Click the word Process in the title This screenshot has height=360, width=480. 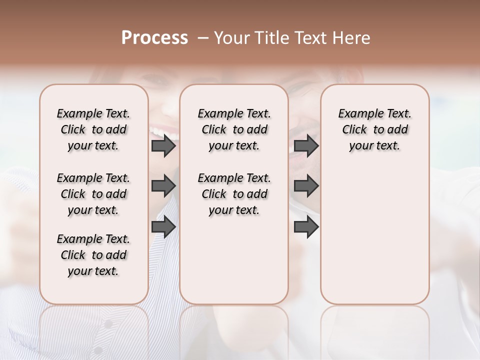(x=154, y=38)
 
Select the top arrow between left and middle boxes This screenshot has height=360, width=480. (x=163, y=146)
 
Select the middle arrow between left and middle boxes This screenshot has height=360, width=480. (x=163, y=186)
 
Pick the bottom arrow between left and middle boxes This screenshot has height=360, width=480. (x=163, y=227)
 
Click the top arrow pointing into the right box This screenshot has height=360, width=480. (x=306, y=146)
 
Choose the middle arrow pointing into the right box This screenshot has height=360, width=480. (x=306, y=186)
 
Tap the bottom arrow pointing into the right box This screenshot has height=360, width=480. (x=306, y=227)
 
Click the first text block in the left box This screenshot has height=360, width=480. (x=93, y=129)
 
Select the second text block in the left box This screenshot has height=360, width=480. (x=93, y=194)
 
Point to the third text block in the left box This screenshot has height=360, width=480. (x=93, y=255)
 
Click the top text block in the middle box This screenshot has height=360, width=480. (x=234, y=129)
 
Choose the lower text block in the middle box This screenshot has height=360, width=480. (x=234, y=194)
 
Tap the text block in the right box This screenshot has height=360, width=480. (x=374, y=129)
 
